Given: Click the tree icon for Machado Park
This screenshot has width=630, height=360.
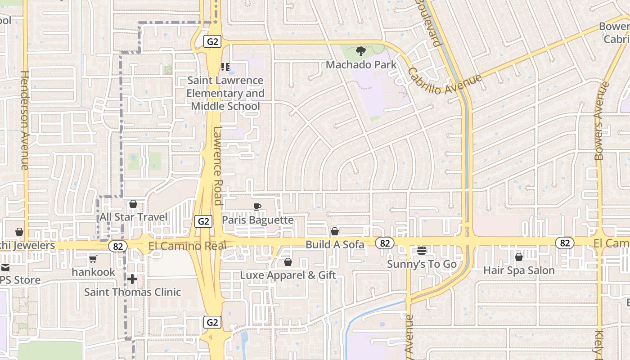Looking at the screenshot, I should click(x=360, y=51).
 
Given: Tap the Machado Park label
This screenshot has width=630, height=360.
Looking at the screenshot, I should click(x=361, y=65).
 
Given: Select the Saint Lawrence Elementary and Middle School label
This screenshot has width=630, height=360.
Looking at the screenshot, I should click(x=225, y=93).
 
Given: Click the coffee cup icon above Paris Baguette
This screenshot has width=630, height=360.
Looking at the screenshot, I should click(x=257, y=207).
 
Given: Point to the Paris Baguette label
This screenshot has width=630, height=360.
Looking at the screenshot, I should click(x=257, y=220).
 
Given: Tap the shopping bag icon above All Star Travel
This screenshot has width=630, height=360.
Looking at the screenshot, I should click(x=133, y=204).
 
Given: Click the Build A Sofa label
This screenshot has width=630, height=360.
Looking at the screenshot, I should click(x=334, y=245).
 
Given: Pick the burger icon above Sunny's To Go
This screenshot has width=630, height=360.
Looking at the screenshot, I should click(x=421, y=251).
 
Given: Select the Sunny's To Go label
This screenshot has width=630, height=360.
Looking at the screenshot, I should click(x=422, y=264).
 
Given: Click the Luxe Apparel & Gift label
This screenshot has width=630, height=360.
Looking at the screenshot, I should click(x=288, y=275).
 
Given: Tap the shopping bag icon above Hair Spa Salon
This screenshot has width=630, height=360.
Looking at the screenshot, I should click(x=518, y=257).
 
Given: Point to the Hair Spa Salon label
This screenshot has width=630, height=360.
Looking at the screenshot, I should click(x=518, y=270).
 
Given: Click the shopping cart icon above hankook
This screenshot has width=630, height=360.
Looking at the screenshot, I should click(x=93, y=259).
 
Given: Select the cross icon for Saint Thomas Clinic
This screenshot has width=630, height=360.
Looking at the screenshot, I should click(x=132, y=279).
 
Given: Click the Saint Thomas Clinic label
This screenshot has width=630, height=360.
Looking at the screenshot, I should click(x=132, y=292).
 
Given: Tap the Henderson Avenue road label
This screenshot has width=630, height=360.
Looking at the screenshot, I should click(x=24, y=120).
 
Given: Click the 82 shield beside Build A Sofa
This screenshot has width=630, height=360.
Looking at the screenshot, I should click(x=385, y=243).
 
